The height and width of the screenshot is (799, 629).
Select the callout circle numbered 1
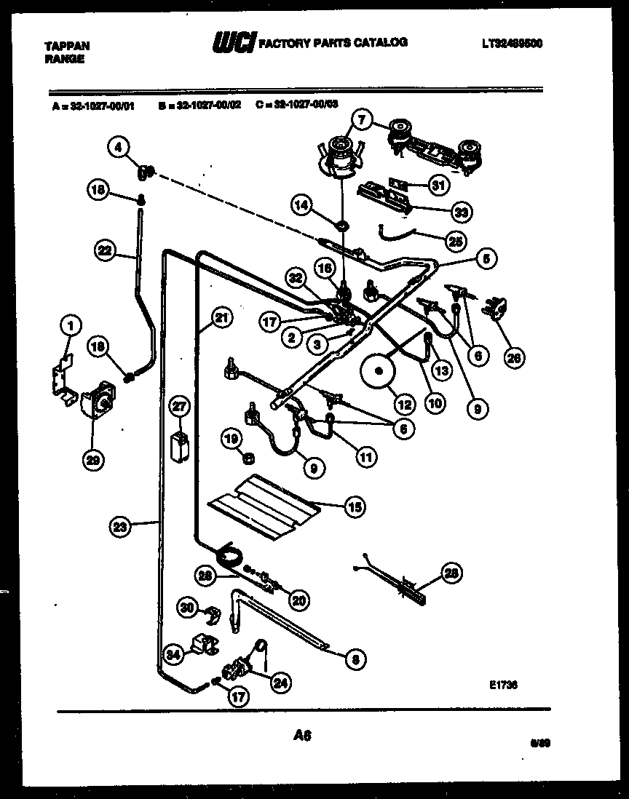tap(70, 325)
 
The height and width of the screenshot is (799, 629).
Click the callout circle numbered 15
tap(355, 506)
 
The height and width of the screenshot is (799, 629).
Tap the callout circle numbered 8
tap(355, 659)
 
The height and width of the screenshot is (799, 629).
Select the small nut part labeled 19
tap(248, 458)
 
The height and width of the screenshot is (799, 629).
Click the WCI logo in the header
tap(233, 45)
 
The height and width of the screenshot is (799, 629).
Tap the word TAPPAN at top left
tap(67, 45)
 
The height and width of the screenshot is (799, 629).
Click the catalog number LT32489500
tap(513, 44)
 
